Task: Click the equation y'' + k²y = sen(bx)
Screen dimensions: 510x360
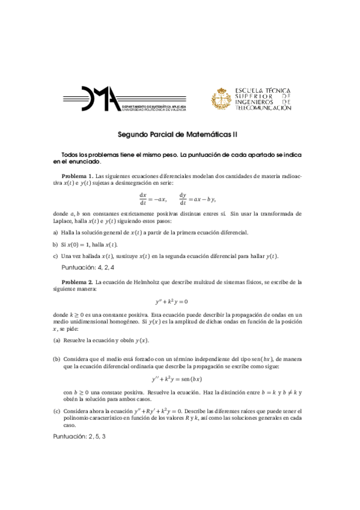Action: pyautogui.click(x=180, y=379)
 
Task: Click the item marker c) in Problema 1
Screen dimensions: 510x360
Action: pyautogui.click(x=55, y=256)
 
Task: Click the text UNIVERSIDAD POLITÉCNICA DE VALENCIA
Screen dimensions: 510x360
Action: pyautogui.click(x=154, y=110)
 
